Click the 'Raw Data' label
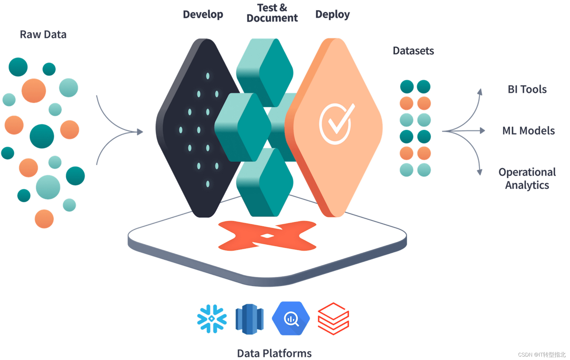[x=43, y=34]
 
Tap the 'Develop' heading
[x=203, y=14]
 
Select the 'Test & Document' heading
[x=272, y=13]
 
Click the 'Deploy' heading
[x=332, y=14]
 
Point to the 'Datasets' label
[x=413, y=51]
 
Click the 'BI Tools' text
[x=527, y=89]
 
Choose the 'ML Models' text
[x=528, y=131]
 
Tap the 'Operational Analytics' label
[x=527, y=179]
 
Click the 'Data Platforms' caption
[x=274, y=353]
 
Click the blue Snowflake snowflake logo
[x=212, y=319]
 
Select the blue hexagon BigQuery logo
[x=291, y=318]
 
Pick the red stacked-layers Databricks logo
[x=333, y=319]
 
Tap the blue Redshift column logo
[x=250, y=319]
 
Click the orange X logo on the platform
[x=267, y=236]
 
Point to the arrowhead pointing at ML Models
[x=482, y=131]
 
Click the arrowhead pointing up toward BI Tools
[x=480, y=92]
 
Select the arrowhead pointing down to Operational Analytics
[x=480, y=172]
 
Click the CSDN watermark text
[x=541, y=355]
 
